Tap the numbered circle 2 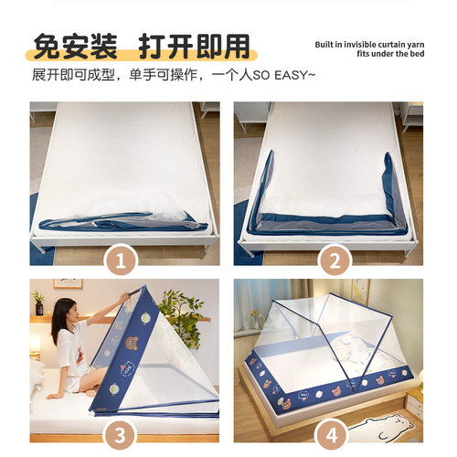pos(335,263)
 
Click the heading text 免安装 pos(76,46)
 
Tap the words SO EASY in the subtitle pos(287,73)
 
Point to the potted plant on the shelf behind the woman pos(38,303)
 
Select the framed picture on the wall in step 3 pos(67,283)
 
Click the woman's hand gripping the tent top pos(125,298)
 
